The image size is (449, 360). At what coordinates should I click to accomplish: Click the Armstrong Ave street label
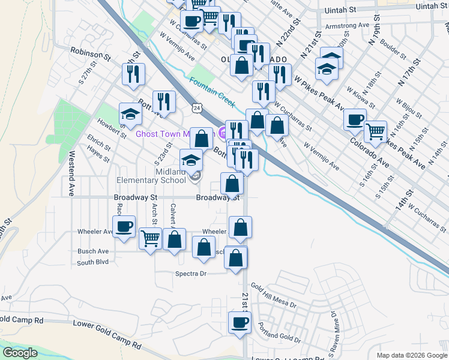346,26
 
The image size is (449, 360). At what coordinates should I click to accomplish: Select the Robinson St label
91,54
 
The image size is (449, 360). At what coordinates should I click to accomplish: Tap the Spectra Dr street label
190,274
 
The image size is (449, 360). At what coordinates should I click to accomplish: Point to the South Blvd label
93,262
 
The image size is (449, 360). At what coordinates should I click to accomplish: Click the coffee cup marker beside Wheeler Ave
124,227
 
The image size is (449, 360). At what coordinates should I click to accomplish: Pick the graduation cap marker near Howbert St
130,114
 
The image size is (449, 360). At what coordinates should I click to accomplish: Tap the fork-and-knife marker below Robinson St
133,73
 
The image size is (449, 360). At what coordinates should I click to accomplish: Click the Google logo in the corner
20,352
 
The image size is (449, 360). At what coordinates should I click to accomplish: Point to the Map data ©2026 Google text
411,355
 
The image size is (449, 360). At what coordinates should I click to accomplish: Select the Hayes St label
98,157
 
